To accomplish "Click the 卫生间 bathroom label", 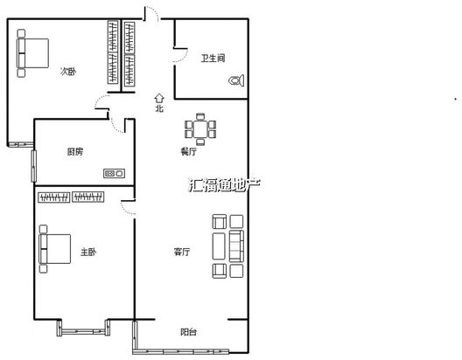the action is pyautogui.click(x=213, y=58).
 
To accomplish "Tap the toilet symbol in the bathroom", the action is pyautogui.click(x=236, y=80).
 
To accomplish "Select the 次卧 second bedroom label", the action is pyautogui.click(x=68, y=71).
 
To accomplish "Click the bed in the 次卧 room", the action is pyautogui.click(x=32, y=53).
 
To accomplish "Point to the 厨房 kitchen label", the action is pyautogui.click(x=75, y=152).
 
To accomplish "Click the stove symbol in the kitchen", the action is pyautogui.click(x=114, y=173).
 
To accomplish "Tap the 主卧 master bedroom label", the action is pyautogui.click(x=88, y=252).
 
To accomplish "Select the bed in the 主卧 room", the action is pyautogui.click(x=55, y=249).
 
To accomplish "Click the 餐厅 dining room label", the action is pyautogui.click(x=189, y=152).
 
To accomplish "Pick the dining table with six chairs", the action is pyautogui.click(x=200, y=129).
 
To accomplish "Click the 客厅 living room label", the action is pyautogui.click(x=182, y=252).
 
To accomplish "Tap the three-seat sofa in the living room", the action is pyautogui.click(x=236, y=246).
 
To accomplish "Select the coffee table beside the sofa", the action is pyautogui.click(x=219, y=246).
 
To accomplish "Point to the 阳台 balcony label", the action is pyautogui.click(x=189, y=332).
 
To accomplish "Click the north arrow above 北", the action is pyautogui.click(x=159, y=99).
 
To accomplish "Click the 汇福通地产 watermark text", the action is pyautogui.click(x=224, y=184).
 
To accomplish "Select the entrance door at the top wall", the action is pyautogui.click(x=151, y=14).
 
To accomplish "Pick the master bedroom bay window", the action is pyautogui.click(x=84, y=328).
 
